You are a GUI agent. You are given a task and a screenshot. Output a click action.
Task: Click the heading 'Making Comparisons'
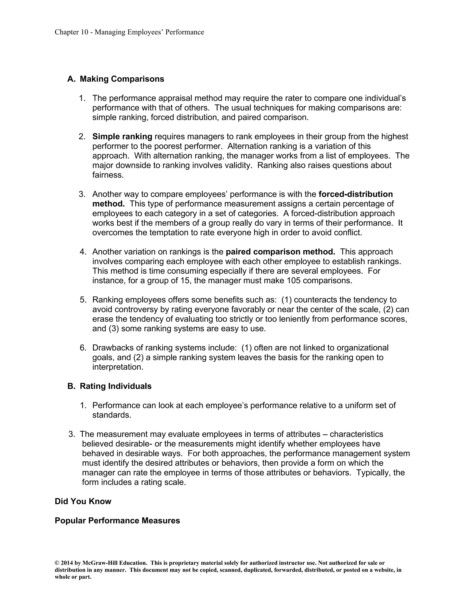point(122,79)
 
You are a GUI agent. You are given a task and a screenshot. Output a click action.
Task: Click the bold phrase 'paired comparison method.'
point(280,252)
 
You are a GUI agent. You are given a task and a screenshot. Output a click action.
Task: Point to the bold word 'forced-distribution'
point(355,194)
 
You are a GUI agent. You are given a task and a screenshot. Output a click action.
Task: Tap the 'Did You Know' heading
point(83,501)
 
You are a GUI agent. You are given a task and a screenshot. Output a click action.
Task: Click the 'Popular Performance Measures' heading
point(117,521)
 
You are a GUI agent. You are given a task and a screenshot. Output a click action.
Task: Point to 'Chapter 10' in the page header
point(71,32)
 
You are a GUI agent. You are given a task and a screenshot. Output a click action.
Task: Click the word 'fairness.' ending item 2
point(108,175)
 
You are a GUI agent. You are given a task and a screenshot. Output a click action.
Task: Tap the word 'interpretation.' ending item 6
point(118,367)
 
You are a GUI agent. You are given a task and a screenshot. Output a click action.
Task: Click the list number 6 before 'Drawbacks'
point(83,348)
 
